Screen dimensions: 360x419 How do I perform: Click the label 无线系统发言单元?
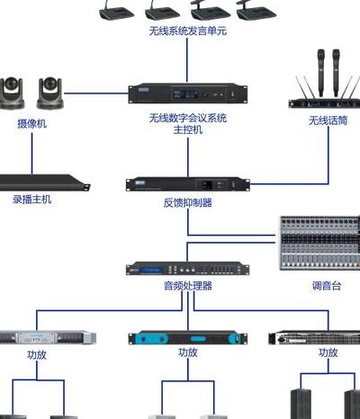pyautogui.click(x=188, y=31)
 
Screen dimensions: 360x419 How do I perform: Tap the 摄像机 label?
pyautogui.click(x=32, y=123)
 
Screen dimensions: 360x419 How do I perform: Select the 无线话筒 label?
pyautogui.click(x=328, y=120)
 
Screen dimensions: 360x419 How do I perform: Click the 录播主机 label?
pyautogui.click(x=32, y=200)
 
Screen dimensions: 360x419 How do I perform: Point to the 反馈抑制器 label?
pyautogui.click(x=188, y=203)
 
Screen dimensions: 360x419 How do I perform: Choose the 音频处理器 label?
pyautogui.click(x=188, y=285)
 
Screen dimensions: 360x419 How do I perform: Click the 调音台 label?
pyautogui.click(x=327, y=286)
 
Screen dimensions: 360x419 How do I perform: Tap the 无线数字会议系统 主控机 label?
pyautogui.click(x=188, y=124)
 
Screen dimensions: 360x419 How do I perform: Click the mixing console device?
pyautogui.click(x=319, y=243)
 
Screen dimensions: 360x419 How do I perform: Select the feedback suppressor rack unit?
pyautogui.click(x=188, y=184)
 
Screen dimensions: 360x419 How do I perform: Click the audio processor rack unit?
pyautogui.click(x=188, y=268)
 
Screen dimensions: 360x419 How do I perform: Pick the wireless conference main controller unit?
pyautogui.click(x=188, y=94)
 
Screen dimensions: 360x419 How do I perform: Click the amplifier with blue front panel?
pyautogui.click(x=188, y=338)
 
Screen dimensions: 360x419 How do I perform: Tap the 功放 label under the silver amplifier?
pyautogui.click(x=37, y=355)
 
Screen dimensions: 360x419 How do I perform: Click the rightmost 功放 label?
pyautogui.click(x=328, y=352)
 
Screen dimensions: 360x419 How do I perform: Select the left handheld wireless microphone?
pyautogui.click(x=321, y=72)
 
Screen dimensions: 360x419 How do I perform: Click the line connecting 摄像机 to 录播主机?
pyautogui.click(x=32, y=154)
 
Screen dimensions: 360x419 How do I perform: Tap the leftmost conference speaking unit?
pyautogui.click(x=116, y=12)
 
